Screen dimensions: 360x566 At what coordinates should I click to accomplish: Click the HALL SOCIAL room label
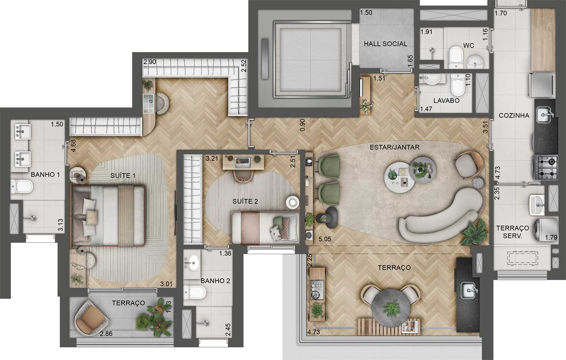[385, 44]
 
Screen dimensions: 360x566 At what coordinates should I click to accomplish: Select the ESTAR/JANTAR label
[394, 147]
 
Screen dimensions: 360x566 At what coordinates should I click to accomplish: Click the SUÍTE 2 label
[245, 202]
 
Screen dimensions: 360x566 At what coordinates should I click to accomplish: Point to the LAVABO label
[446, 101]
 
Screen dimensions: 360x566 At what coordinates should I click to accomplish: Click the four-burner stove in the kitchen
[545, 167]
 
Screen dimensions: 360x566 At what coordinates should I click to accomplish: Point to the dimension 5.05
[325, 238]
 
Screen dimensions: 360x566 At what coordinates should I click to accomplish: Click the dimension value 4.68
[73, 148]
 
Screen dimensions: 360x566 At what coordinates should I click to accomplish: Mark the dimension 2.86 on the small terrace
[106, 334]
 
